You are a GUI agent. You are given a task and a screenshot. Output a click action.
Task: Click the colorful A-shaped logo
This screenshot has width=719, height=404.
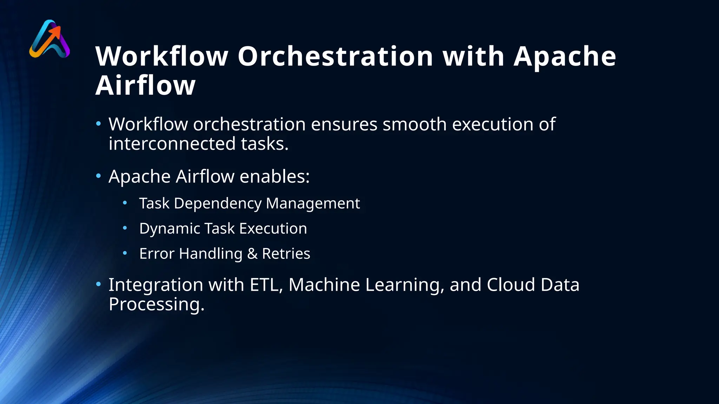pos(50,39)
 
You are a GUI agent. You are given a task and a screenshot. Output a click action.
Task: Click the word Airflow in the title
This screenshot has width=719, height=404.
pos(145,86)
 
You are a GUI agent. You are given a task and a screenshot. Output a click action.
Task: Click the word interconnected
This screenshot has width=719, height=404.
pos(172,144)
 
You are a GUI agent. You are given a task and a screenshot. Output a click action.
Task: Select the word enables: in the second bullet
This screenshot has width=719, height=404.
pos(275,176)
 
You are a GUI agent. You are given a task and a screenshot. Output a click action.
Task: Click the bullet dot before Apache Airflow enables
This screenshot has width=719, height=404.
pos(99,175)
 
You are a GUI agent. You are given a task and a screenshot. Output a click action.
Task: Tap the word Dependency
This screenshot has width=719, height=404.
pos(218,203)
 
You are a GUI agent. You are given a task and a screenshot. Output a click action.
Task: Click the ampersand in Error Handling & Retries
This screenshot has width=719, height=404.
pos(252,254)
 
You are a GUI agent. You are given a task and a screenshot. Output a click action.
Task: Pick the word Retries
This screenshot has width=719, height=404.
pos(286,254)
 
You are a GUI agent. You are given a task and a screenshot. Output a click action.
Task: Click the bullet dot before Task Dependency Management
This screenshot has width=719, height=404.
pos(125,203)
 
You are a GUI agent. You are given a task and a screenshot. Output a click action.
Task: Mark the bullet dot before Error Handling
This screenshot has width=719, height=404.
pos(125,253)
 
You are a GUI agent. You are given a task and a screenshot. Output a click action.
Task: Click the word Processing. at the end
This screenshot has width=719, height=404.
pos(156,304)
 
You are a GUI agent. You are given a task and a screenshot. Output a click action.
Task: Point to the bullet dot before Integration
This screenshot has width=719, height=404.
pos(99,284)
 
